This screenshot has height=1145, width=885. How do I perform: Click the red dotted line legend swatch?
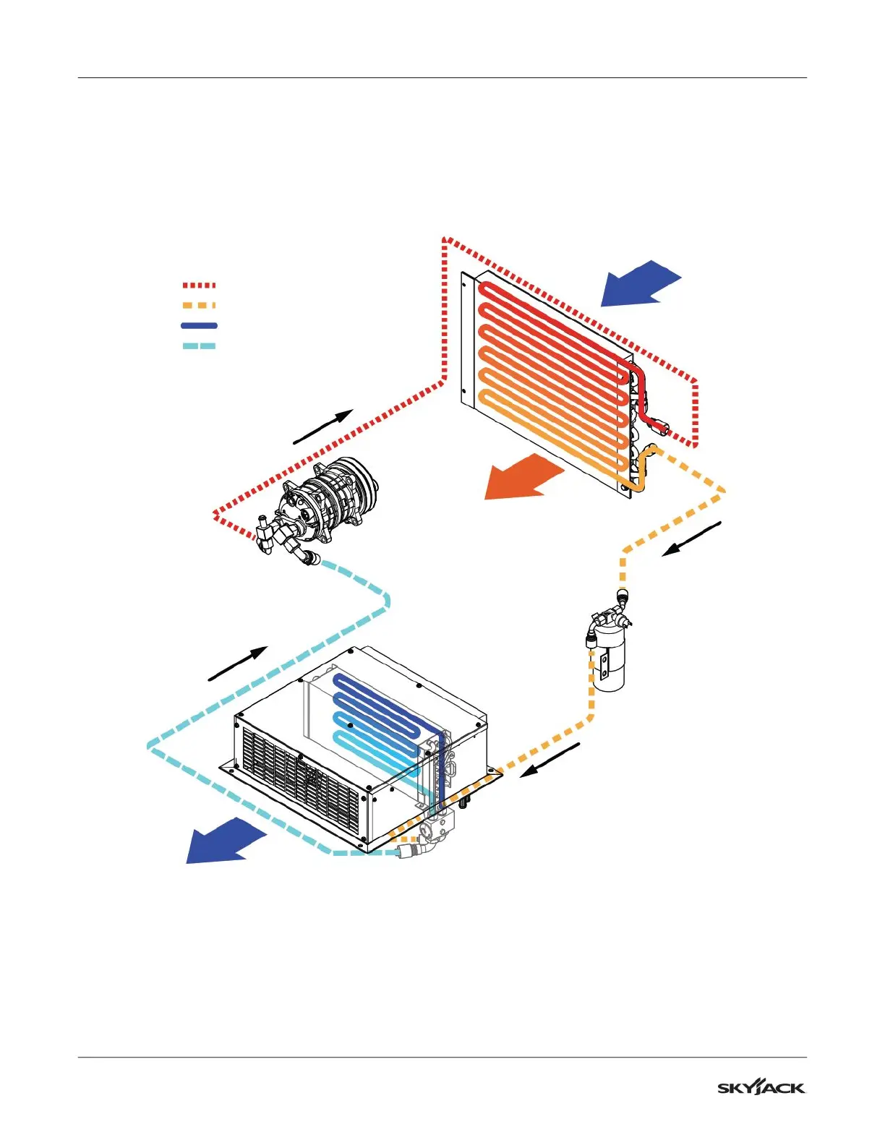pyautogui.click(x=199, y=286)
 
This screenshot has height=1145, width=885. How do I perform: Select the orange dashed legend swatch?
pyautogui.click(x=199, y=306)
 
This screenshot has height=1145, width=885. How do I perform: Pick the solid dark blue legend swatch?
pyautogui.click(x=199, y=326)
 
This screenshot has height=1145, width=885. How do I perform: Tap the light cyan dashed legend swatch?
pyautogui.click(x=199, y=346)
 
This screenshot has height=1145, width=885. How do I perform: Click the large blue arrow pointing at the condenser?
pyautogui.click(x=639, y=283)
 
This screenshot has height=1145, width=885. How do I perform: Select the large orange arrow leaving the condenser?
pyautogui.click(x=522, y=477)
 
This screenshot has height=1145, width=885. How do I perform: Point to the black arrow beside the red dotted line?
pyautogui.click(x=322, y=426)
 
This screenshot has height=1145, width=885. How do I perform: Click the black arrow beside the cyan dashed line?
pyautogui.click(x=238, y=664)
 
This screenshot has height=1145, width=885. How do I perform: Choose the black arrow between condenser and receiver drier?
pyautogui.click(x=692, y=539)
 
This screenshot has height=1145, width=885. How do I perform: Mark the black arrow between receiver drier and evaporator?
pyautogui.click(x=550, y=760)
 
